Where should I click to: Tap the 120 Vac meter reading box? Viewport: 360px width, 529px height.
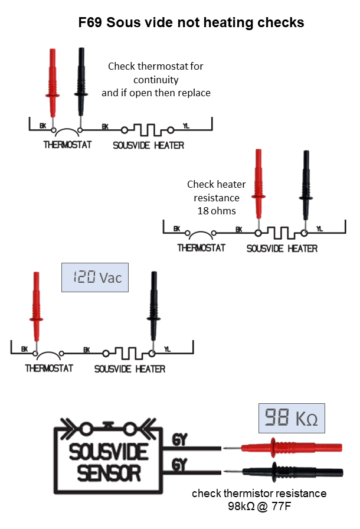pyautogui.click(x=94, y=277)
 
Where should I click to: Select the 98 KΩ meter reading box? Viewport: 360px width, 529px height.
pyautogui.click(x=292, y=418)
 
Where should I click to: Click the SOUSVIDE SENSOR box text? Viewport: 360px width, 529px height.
pyautogui.click(x=109, y=462)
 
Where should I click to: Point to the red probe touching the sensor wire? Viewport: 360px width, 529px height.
pyautogui.click(x=283, y=448)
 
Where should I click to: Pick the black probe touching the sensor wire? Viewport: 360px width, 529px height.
pyautogui.click(x=284, y=472)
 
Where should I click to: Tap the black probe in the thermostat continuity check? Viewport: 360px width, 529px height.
pyautogui.click(x=81, y=87)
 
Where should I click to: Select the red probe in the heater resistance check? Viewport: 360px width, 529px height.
pyautogui.click(x=258, y=189)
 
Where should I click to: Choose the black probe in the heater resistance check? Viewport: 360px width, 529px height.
pyautogui.click(x=306, y=190)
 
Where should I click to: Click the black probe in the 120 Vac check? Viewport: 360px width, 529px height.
pyautogui.click(x=153, y=311)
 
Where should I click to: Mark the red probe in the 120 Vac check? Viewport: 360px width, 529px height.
pyautogui.click(x=36, y=311)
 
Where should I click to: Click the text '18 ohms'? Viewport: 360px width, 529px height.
pyautogui.click(x=217, y=211)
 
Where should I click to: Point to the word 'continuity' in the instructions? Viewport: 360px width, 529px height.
pyautogui.click(x=156, y=80)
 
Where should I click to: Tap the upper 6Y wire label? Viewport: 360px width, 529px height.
pyautogui.click(x=179, y=440)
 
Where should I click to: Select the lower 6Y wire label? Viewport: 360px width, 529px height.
pyautogui.click(x=179, y=465)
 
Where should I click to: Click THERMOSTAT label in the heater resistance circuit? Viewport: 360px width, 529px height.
pyautogui.click(x=201, y=248)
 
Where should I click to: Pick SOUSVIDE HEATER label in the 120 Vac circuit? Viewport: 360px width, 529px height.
pyautogui.click(x=130, y=369)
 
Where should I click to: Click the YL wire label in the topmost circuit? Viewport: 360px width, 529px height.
pyautogui.click(x=186, y=126)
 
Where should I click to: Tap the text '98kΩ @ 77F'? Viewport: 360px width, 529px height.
pyautogui.click(x=259, y=506)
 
